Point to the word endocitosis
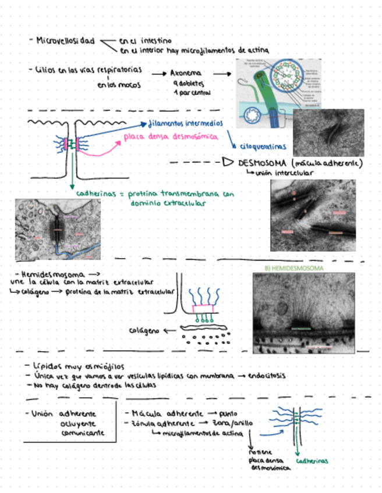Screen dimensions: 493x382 pos(267,376)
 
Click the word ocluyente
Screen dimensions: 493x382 pos(78,423)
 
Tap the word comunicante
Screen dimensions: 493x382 pos(82,433)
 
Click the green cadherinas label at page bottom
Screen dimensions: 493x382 pos(312,460)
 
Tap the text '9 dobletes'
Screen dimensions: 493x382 pos(186,83)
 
